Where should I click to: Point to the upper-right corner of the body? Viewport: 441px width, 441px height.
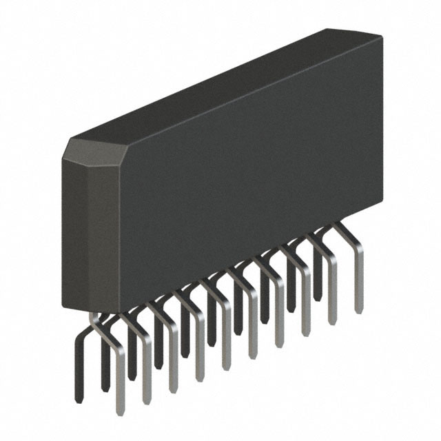click(x=381, y=34)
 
